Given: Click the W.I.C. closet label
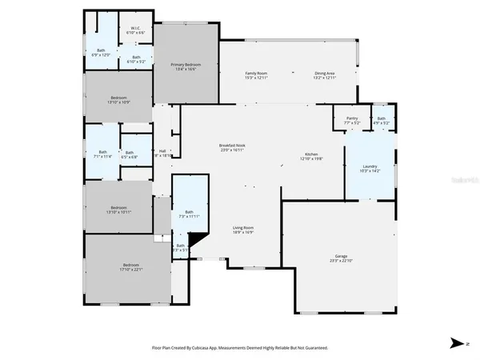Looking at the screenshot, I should pyautogui.click(x=136, y=30).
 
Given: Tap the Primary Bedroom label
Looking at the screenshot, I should pyautogui.click(x=186, y=64).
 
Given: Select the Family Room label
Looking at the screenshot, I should pyautogui.click(x=256, y=73).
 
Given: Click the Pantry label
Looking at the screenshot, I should pyautogui.click(x=352, y=118).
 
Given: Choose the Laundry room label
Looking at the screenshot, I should pyautogui.click(x=370, y=166).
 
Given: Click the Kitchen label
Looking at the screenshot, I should pyautogui.click(x=312, y=154).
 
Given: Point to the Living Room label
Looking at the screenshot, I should pyautogui.click(x=243, y=228).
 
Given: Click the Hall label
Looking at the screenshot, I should pyautogui.click(x=162, y=150).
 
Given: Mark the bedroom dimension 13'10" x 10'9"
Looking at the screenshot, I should pyautogui.click(x=118, y=102).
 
